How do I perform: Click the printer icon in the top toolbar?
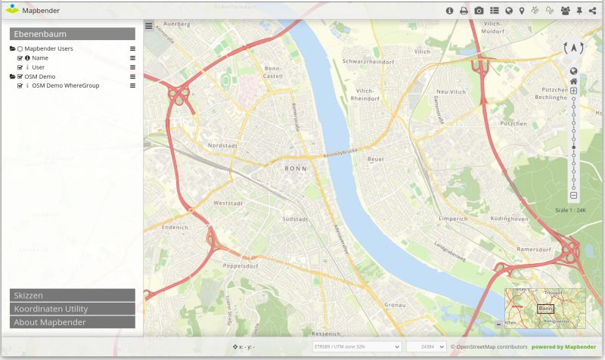coord(464,11)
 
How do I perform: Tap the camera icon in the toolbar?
coord(479,11)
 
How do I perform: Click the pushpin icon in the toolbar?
coord(579,11)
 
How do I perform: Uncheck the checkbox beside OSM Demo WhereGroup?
coord(20,85)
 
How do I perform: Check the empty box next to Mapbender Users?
coord(20,48)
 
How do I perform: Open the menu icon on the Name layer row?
coord(132,57)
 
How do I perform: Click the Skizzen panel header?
coord(73,295)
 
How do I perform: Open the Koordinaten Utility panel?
coord(73,309)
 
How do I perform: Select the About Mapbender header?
coord(73,322)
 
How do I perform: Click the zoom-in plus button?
coord(574,92)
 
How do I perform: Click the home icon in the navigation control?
coord(574,82)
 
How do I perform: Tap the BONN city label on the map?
coord(295,169)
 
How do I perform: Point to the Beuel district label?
coord(375,160)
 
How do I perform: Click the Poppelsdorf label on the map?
coord(242,265)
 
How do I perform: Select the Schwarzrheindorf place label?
coord(369,61)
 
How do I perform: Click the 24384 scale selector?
coord(426,346)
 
